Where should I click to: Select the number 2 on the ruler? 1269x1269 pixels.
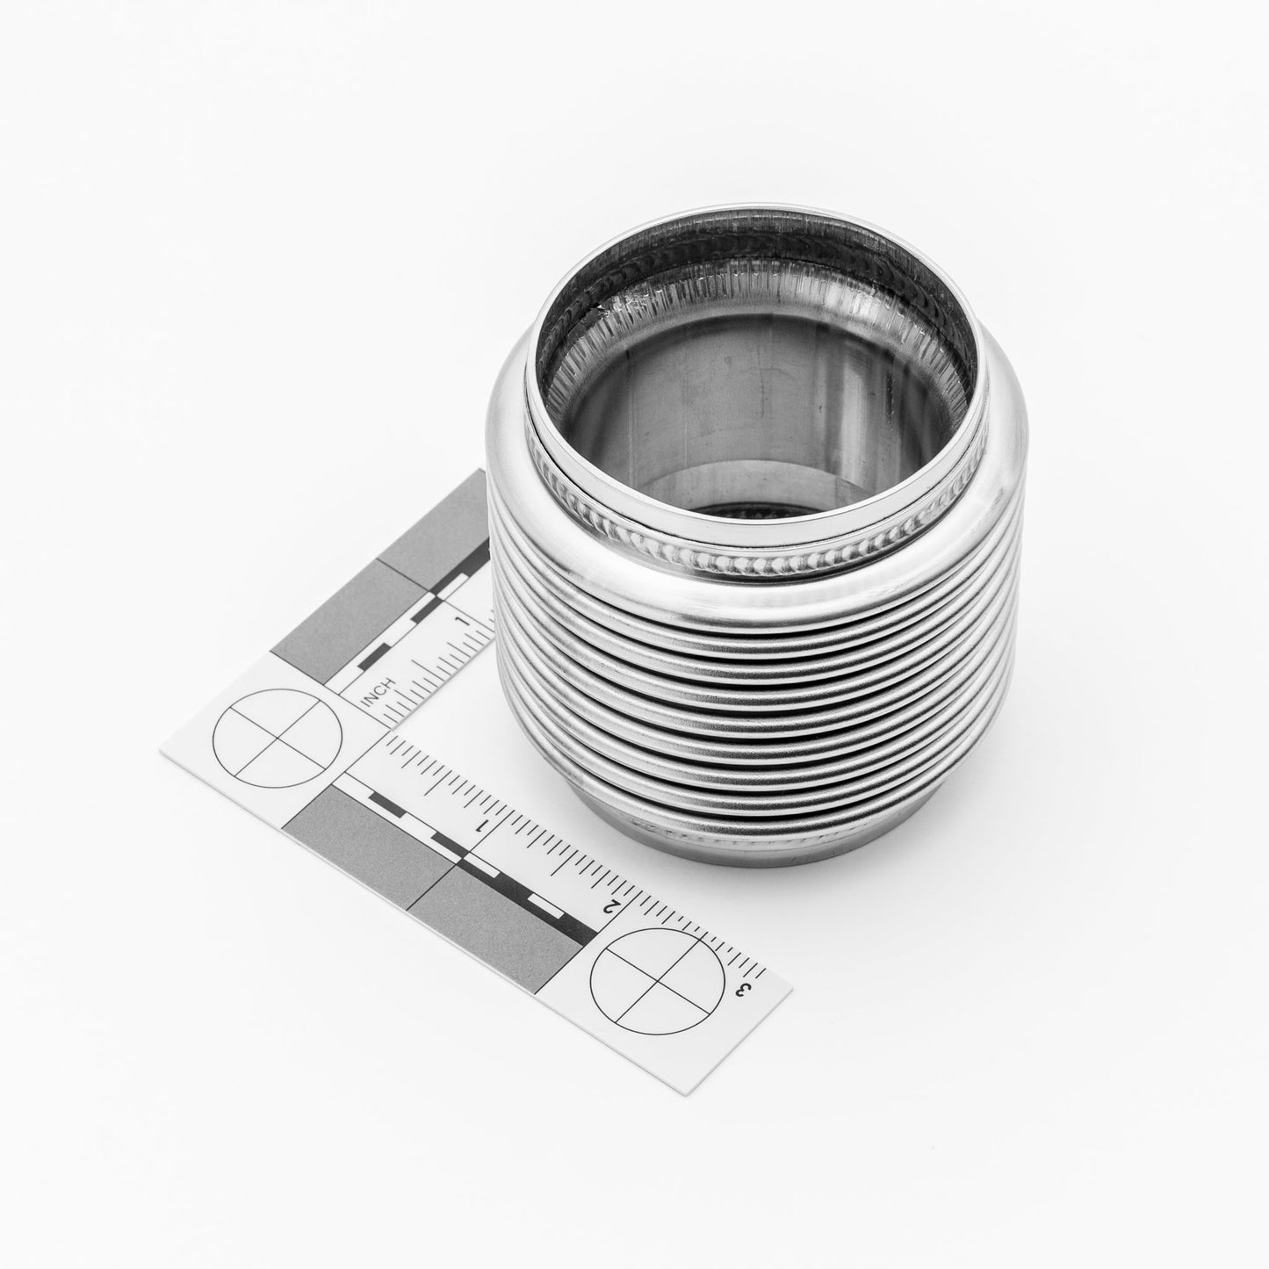click(x=614, y=906)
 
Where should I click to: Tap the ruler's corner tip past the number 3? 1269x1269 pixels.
click(x=789, y=987)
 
